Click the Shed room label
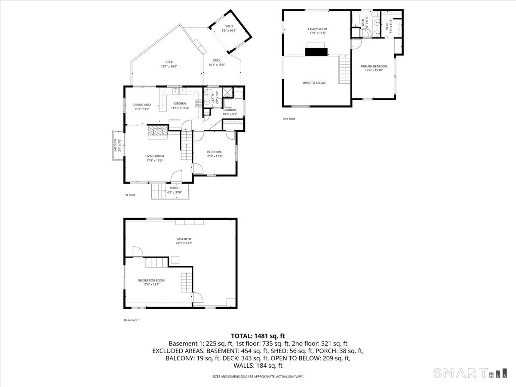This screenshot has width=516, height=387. click(x=229, y=28)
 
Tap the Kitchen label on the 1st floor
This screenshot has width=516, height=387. click(x=180, y=106)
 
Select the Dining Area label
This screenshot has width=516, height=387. click(x=142, y=107)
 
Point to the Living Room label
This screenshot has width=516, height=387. click(x=154, y=158)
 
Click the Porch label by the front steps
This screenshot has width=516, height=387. click(x=175, y=190)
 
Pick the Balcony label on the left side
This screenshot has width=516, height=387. click(x=115, y=145)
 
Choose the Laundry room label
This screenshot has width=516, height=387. click(x=230, y=112)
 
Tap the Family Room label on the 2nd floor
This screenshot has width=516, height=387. click(x=317, y=31)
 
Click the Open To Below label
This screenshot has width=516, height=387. click(x=314, y=83)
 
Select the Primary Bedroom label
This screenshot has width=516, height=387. click(x=374, y=68)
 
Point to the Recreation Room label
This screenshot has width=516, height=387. click(x=151, y=282)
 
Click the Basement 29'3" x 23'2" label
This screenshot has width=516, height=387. click(x=184, y=241)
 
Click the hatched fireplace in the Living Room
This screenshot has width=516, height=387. click(x=157, y=131)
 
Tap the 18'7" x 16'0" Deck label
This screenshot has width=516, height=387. click(x=169, y=64)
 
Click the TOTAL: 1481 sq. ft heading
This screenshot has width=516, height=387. click(x=258, y=336)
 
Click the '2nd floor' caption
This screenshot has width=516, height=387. click(x=289, y=119)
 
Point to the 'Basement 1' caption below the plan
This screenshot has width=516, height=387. click(x=132, y=320)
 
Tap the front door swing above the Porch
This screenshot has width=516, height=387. click(x=176, y=176)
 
